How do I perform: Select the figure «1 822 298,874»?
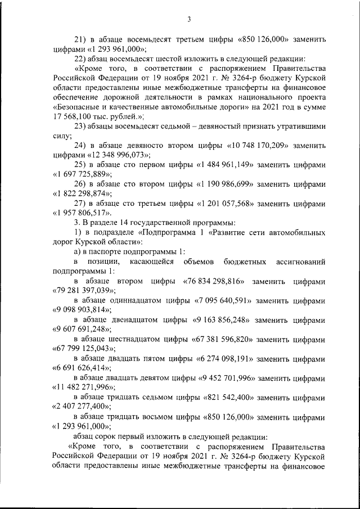pyautogui.click(x=81, y=194)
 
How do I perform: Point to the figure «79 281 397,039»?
pyautogui.click(x=82, y=291)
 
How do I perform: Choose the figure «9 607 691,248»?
pyautogui.click(x=80, y=329)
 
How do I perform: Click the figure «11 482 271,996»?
pyautogui.click(x=82, y=388)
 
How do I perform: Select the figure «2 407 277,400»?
pyautogui.click(x=80, y=407)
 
